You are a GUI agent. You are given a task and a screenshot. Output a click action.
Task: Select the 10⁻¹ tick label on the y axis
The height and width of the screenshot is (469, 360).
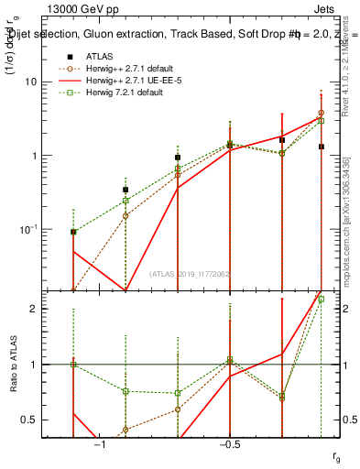[x=34, y=228]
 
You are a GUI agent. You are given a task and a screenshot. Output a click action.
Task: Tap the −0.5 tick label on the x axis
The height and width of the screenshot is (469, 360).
[x=229, y=443]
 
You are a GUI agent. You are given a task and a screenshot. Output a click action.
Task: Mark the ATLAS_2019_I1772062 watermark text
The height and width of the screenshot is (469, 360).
[x=189, y=274]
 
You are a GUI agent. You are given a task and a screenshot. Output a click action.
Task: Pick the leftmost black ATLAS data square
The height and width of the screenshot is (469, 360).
[x=73, y=232]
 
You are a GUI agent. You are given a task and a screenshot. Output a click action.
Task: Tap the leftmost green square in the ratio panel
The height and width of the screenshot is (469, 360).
[x=73, y=365]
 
